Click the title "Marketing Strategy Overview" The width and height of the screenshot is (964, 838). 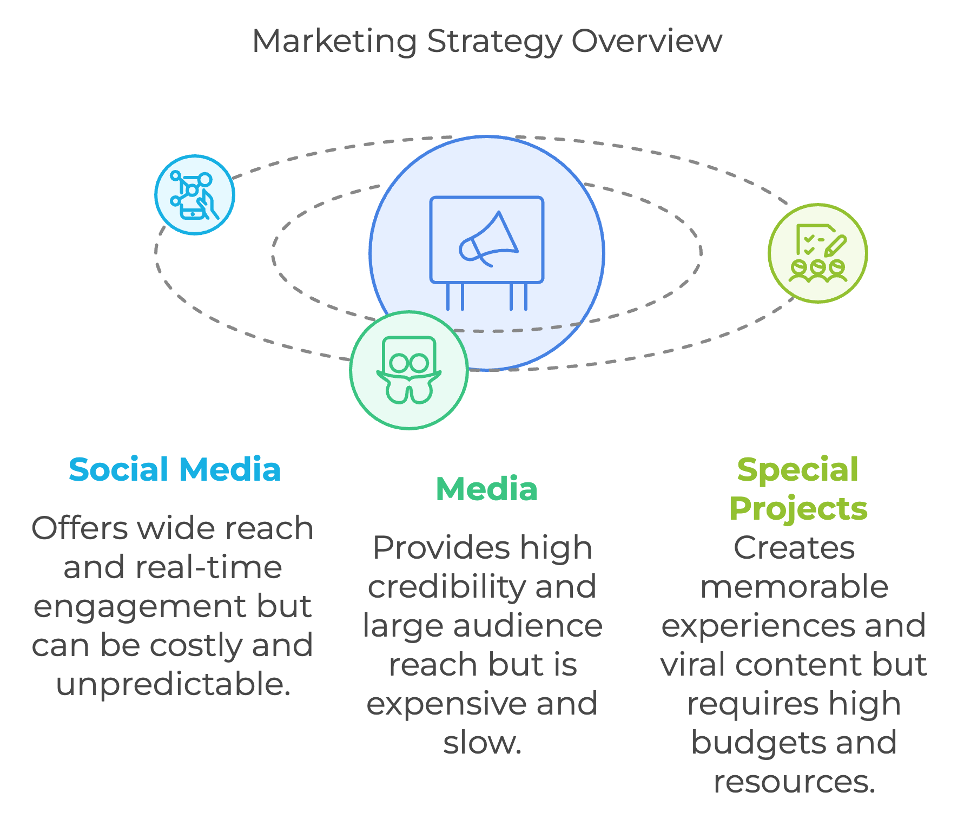tap(487, 42)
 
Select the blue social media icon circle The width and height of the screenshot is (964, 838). tap(195, 195)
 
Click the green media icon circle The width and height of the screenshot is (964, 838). tap(409, 370)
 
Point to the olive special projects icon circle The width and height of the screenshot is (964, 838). tap(818, 253)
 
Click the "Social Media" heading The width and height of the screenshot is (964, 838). tap(175, 469)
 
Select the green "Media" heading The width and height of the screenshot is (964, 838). tap(487, 489)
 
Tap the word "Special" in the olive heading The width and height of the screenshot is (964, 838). tap(798, 470)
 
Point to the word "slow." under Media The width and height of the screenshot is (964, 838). tap(483, 743)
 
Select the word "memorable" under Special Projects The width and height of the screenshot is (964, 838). tap(794, 587)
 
